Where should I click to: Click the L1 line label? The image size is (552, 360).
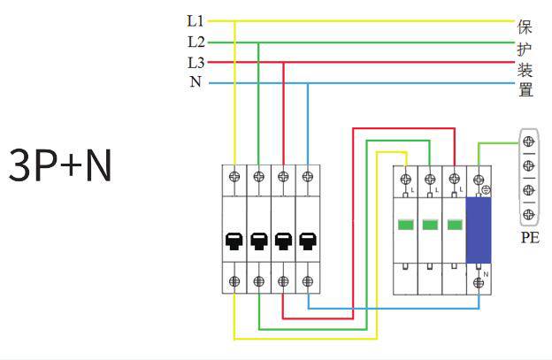[x=195, y=19]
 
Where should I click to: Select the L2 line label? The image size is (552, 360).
[x=195, y=42]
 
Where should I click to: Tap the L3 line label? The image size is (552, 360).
[x=195, y=63]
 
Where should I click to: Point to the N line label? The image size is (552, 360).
[x=195, y=83]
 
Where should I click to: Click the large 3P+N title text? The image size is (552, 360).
[x=60, y=165]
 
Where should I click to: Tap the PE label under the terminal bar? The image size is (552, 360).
[x=529, y=238]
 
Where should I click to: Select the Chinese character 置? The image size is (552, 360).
[x=525, y=89]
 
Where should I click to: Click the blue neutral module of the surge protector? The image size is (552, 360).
[x=479, y=231]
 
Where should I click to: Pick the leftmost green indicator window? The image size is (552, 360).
[x=406, y=225]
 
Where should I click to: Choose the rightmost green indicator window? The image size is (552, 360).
[x=454, y=225]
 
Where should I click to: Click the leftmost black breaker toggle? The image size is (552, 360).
[x=234, y=240]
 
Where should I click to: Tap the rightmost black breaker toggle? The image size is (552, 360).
[x=306, y=240]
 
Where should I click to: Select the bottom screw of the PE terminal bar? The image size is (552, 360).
[x=529, y=213]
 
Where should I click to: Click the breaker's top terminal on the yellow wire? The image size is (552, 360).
[x=234, y=176]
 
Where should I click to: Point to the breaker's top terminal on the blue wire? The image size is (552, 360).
[x=306, y=176]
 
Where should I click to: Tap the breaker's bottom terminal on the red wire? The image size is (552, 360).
[x=282, y=281]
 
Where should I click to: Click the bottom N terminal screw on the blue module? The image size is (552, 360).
[x=479, y=281]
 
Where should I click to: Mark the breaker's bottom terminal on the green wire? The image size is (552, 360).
[x=258, y=281]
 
